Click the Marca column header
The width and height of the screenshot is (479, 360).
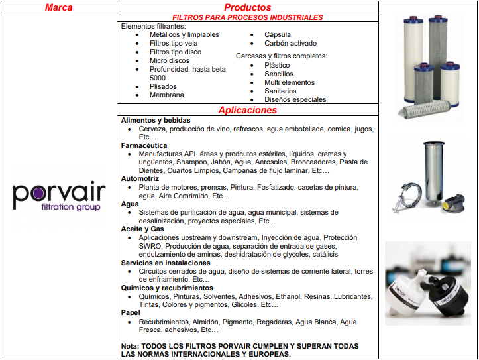click(x=58, y=7)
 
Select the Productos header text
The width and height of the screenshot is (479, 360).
click(x=247, y=7)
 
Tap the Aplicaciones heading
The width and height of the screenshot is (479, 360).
click(x=247, y=110)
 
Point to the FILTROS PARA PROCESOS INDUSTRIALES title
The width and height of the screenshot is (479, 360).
click(x=247, y=17)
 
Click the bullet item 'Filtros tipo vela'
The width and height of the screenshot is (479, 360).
click(x=174, y=43)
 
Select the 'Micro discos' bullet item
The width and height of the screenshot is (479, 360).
click(x=170, y=60)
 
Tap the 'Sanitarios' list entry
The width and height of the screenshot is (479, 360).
click(x=280, y=91)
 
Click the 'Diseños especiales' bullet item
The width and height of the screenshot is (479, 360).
click(x=295, y=99)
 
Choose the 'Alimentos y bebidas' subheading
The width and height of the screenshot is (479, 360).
click(x=156, y=120)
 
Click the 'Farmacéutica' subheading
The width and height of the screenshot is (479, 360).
click(x=144, y=145)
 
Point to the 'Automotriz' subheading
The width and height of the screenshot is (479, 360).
click(x=140, y=178)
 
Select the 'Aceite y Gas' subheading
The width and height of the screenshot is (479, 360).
click(x=142, y=229)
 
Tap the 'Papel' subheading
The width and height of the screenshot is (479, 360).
click(x=131, y=312)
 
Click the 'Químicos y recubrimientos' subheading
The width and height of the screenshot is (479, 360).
click(x=167, y=288)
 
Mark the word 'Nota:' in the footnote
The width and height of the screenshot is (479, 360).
click(x=131, y=346)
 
